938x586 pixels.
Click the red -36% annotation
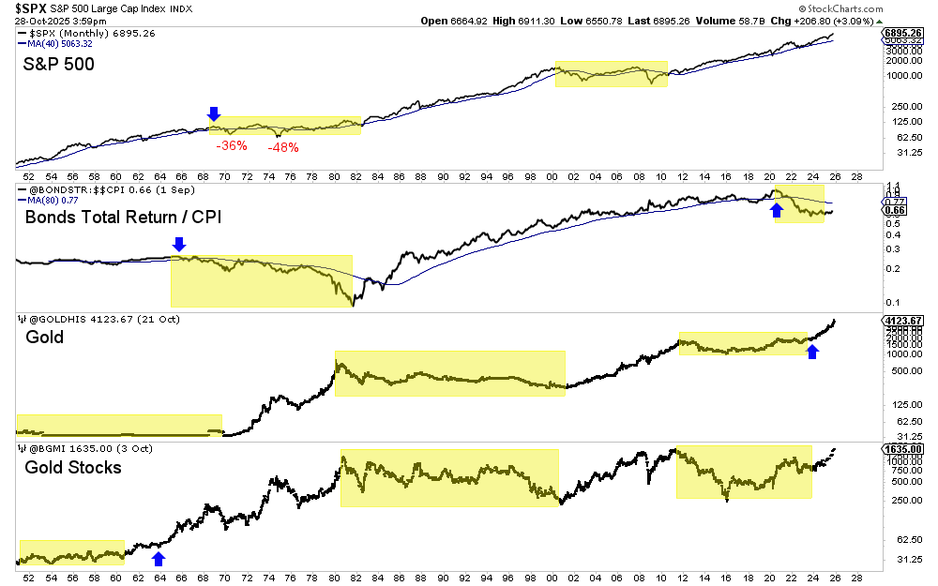231,145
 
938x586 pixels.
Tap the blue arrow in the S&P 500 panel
214,113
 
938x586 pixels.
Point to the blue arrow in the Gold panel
813,351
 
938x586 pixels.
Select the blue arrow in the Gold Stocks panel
159,559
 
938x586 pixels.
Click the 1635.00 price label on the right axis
902,449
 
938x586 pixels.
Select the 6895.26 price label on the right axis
903,33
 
